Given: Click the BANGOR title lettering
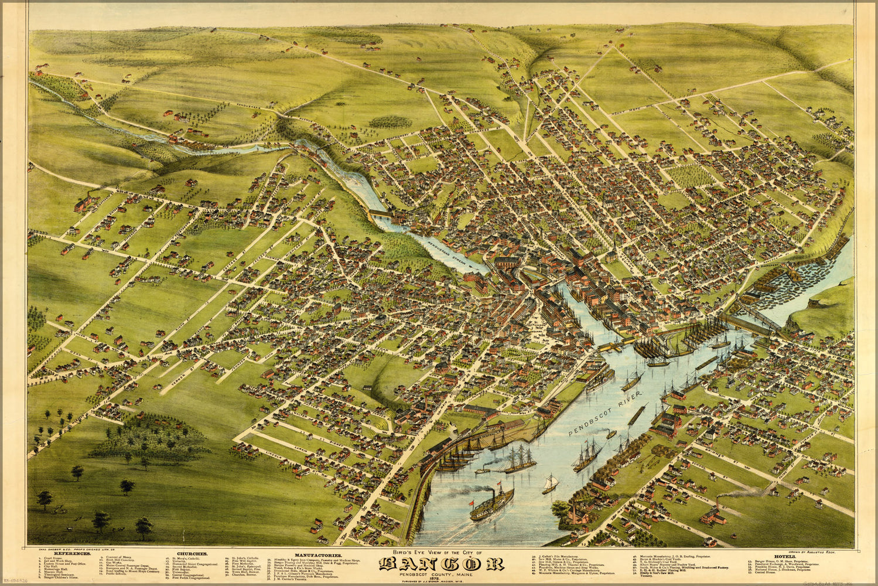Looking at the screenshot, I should coord(441,564).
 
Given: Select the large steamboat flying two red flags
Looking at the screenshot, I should coord(491,503).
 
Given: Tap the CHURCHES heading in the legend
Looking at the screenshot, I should coord(193,553).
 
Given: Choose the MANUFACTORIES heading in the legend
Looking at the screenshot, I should coord(318,554).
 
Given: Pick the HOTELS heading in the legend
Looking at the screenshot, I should coord(784,554).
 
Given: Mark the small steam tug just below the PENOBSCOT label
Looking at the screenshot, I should coord(611,434).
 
